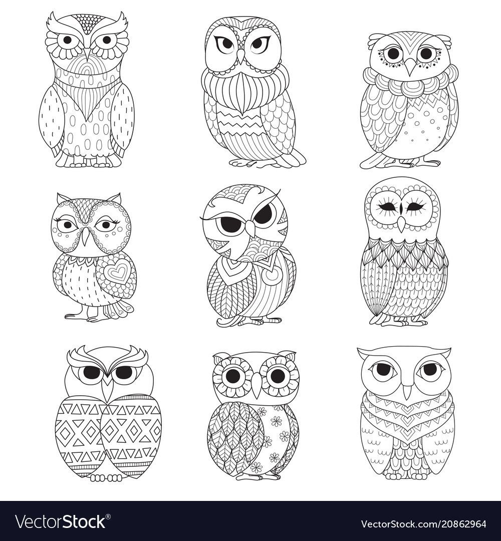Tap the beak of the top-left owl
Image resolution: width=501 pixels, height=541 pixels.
click(x=87, y=56)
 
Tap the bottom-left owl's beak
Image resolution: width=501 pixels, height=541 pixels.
click(x=109, y=387)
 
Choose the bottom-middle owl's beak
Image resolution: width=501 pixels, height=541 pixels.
click(x=257, y=384)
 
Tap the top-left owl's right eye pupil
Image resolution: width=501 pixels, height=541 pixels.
click(x=107, y=41)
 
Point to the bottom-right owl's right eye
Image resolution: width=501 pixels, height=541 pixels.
click(x=430, y=370)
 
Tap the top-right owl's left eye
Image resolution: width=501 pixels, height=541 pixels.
click(x=393, y=54)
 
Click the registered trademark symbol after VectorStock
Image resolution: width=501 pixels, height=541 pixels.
click(x=108, y=516)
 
